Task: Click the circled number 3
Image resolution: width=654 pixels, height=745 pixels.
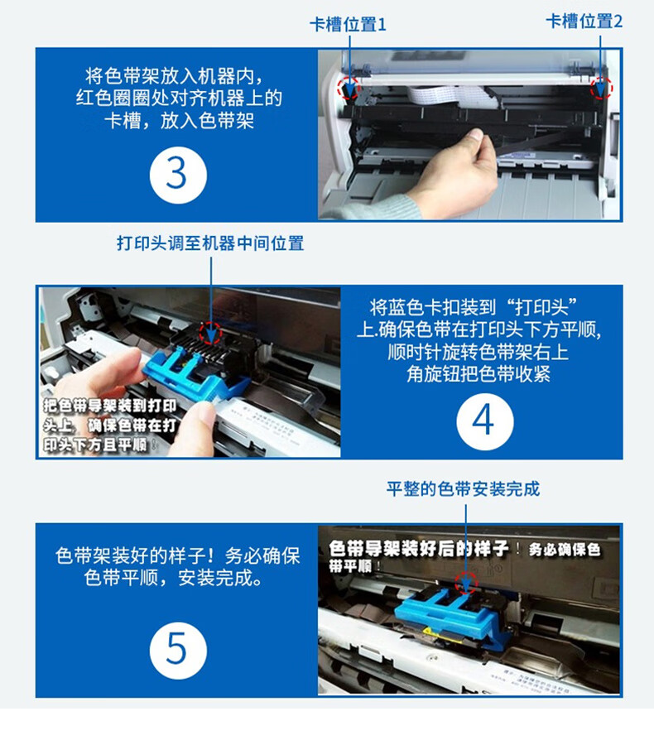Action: (178, 175)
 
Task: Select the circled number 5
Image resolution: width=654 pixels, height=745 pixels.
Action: (178, 651)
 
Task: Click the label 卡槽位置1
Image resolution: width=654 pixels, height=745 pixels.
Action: (348, 24)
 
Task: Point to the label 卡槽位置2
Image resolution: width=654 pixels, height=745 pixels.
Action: (584, 22)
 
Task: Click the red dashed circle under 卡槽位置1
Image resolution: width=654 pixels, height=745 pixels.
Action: (349, 88)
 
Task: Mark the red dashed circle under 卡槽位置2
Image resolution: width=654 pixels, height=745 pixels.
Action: (601, 89)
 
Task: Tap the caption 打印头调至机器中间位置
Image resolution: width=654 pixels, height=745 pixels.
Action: (210, 243)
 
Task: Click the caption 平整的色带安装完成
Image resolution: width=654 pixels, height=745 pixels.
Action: (463, 489)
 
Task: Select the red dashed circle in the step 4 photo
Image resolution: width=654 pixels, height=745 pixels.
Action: (210, 332)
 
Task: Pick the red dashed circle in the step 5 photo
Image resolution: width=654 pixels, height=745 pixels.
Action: (466, 582)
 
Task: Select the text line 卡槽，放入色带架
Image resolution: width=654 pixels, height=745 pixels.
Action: (179, 121)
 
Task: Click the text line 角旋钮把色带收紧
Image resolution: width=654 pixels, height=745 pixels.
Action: (478, 374)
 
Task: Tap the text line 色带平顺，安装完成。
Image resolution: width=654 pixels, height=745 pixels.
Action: (174, 579)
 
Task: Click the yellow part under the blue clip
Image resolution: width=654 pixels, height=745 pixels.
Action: (431, 632)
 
